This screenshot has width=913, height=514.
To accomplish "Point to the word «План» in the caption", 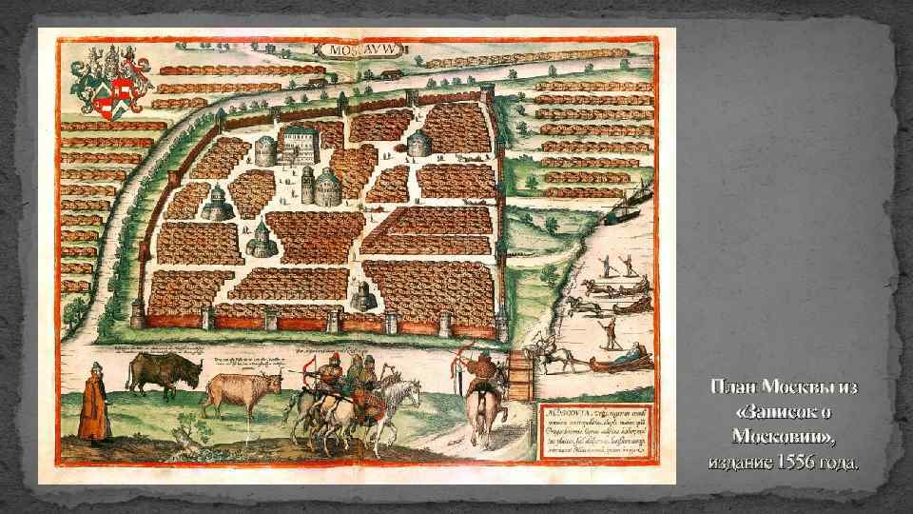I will click(x=737, y=389).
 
